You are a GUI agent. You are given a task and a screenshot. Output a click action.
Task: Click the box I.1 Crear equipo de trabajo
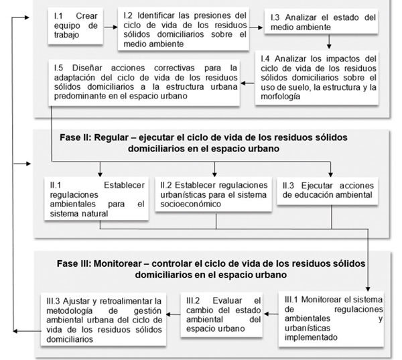[x=76, y=27]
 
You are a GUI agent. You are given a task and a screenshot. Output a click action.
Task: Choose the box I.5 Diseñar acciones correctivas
[x=144, y=82]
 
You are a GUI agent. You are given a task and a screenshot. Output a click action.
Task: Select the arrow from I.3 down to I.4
[x=329, y=43]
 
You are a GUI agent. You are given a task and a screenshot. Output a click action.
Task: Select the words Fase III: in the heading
[x=78, y=262]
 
